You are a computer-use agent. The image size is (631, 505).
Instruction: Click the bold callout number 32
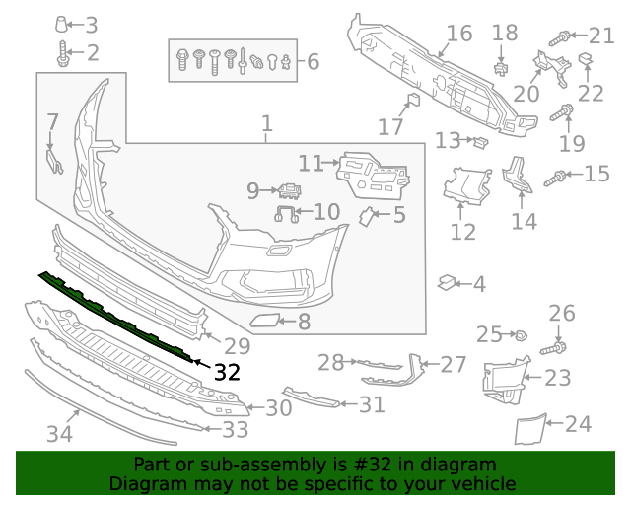point(227,372)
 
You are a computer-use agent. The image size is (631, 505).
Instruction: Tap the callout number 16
point(458,34)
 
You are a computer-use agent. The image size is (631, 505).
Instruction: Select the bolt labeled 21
point(560,38)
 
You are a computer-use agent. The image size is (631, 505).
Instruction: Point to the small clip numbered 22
point(585,62)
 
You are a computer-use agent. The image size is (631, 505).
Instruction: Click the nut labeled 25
point(520,336)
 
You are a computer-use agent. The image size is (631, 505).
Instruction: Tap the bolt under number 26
point(558,347)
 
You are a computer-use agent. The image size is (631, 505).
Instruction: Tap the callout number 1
point(266,125)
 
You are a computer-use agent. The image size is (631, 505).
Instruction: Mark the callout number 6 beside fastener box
point(313,62)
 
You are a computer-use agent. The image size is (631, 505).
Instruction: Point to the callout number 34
point(60,433)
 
